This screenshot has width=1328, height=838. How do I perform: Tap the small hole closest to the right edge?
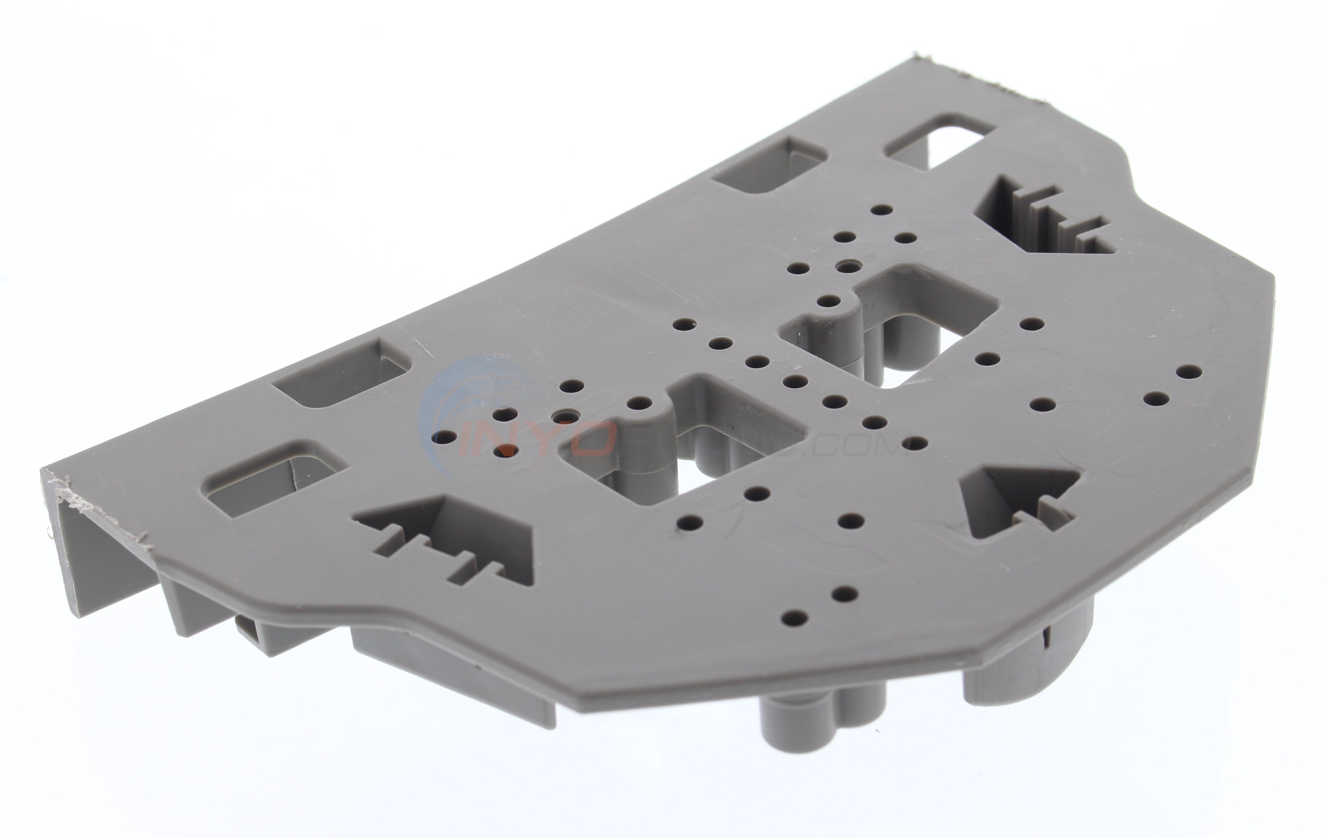pyautogui.click(x=1189, y=371)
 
